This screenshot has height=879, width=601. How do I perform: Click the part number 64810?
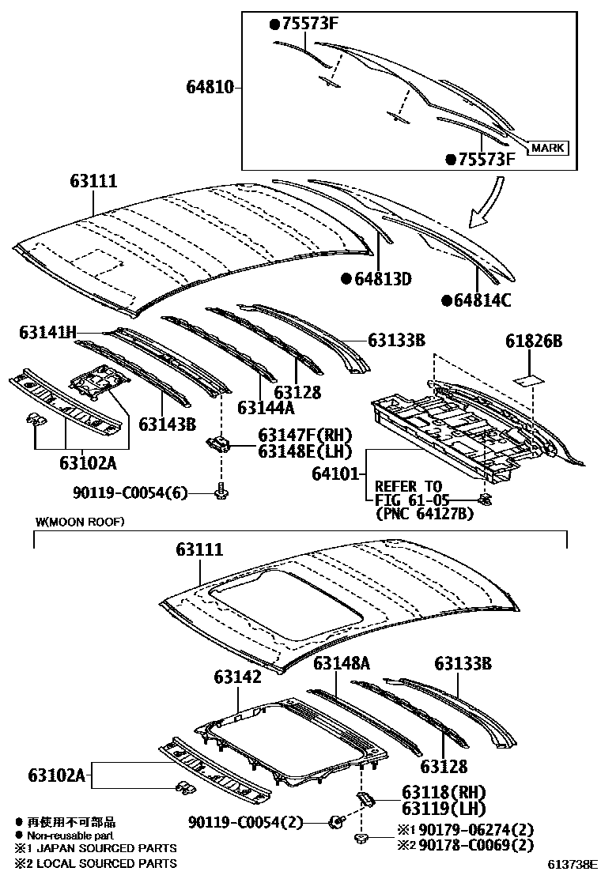209,88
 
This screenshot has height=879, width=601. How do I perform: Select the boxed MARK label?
547,148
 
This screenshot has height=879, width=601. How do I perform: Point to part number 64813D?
382,279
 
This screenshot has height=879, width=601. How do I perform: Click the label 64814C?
482,300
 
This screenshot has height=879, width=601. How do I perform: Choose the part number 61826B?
534,341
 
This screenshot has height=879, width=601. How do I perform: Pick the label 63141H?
48,334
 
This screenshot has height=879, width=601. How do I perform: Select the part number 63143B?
167,424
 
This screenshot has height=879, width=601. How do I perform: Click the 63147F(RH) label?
304,435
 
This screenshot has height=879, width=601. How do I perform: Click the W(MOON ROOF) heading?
80,522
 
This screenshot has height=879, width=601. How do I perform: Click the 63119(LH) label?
443,808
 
